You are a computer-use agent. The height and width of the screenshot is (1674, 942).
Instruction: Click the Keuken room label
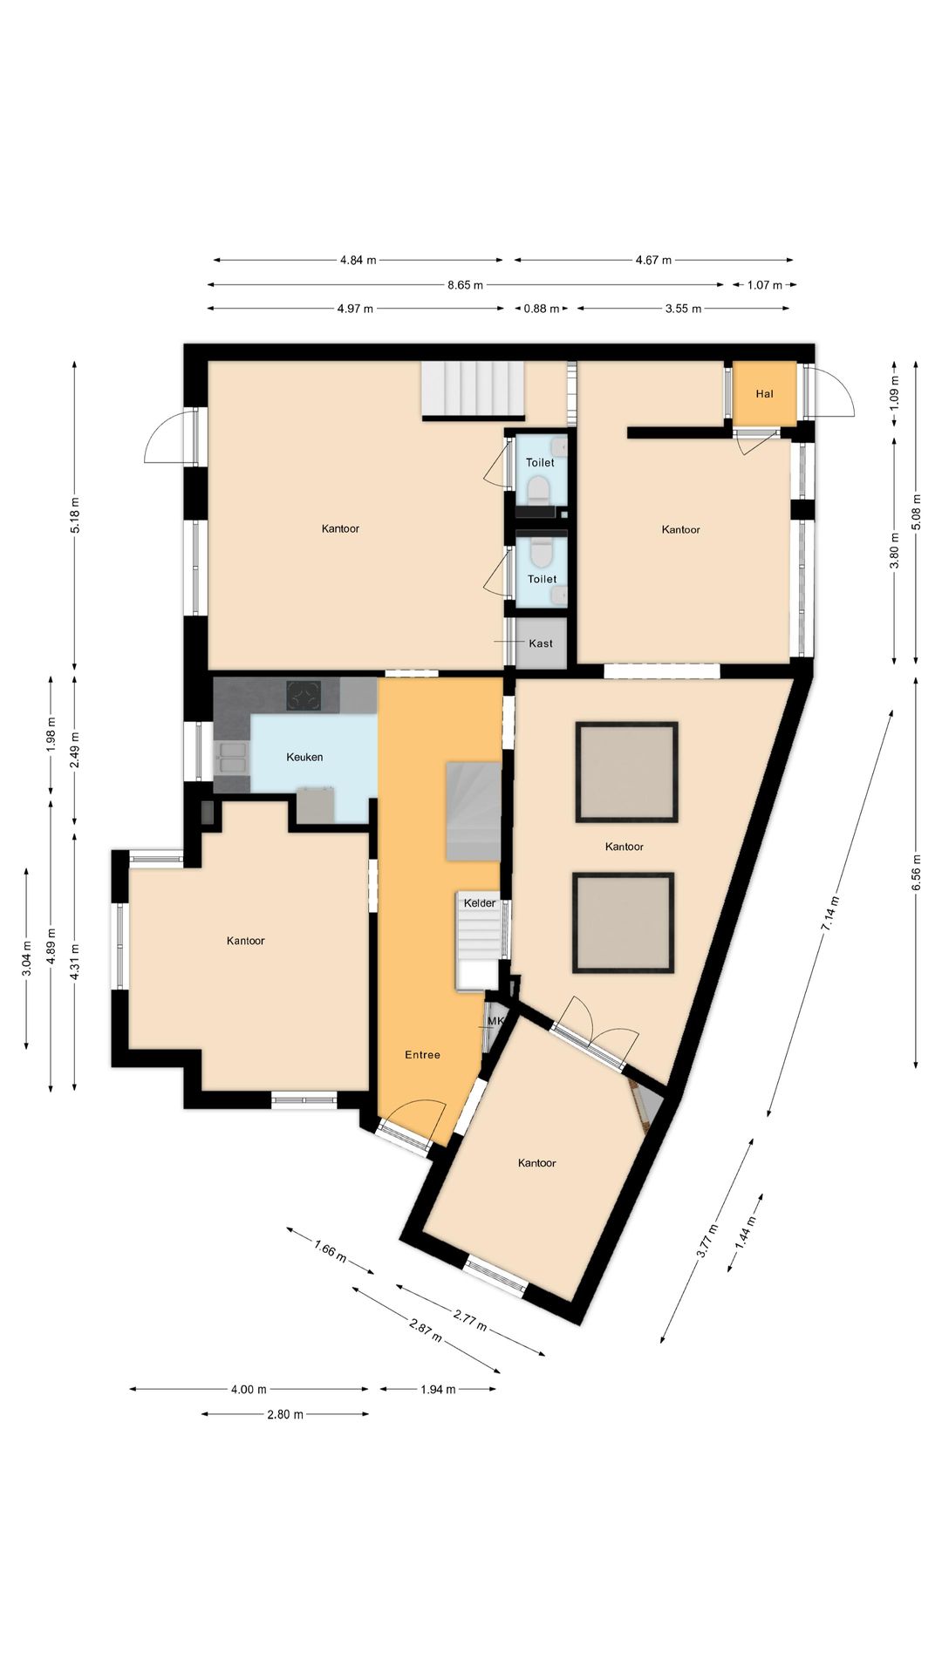304,757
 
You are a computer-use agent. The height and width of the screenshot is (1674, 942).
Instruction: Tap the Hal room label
764,394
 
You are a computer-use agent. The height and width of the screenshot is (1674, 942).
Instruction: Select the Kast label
541,643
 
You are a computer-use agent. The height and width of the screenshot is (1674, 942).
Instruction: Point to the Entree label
422,1055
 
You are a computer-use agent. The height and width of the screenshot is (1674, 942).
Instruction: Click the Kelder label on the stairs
480,903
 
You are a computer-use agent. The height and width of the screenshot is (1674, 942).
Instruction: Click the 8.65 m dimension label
465,284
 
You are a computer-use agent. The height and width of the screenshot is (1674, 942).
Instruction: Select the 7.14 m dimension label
830,914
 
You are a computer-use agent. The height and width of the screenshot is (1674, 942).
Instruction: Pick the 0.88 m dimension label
541,308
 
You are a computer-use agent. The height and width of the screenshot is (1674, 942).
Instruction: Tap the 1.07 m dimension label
765,284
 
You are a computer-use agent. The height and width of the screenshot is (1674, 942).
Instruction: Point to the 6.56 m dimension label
917,872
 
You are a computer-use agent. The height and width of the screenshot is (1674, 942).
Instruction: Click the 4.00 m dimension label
249,1389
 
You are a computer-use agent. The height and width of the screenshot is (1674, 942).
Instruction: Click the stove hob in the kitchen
304,696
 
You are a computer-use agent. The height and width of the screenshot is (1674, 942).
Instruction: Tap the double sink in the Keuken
231,758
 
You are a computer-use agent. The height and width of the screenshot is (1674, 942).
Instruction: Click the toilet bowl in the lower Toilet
542,553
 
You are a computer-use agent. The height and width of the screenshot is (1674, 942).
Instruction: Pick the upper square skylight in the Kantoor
626,772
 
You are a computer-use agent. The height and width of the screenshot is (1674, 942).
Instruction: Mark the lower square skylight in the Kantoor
624,923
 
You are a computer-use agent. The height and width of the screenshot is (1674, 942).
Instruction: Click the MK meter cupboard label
495,1021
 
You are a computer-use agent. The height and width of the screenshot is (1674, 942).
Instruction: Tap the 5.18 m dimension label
74,514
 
